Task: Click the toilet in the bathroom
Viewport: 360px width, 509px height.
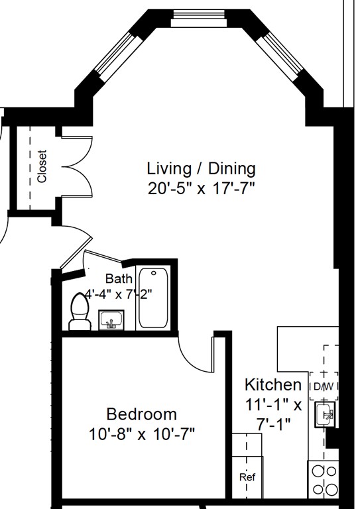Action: pyautogui.click(x=80, y=311)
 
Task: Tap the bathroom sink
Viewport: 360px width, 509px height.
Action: pyautogui.click(x=111, y=320)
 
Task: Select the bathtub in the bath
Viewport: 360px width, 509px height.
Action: pyautogui.click(x=154, y=298)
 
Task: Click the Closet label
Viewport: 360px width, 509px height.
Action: pyautogui.click(x=42, y=166)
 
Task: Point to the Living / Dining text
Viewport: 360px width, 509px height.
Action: pyautogui.click(x=202, y=169)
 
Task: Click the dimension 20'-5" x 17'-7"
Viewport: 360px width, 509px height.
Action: pyautogui.click(x=202, y=188)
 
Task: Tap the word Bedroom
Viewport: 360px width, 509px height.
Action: pyautogui.click(x=142, y=414)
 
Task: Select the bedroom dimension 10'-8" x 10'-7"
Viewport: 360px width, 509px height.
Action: pyautogui.click(x=142, y=434)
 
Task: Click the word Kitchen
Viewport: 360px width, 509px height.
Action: pyautogui.click(x=273, y=384)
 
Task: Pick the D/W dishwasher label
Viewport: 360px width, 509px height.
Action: pyautogui.click(x=324, y=386)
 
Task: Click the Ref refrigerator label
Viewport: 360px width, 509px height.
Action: pyautogui.click(x=247, y=477)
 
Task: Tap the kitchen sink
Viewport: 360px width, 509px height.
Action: pyautogui.click(x=325, y=414)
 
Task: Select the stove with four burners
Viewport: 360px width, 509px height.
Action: pyautogui.click(x=323, y=479)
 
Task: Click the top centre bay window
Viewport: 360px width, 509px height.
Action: pyautogui.click(x=199, y=18)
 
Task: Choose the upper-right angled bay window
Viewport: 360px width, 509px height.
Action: pyautogui.click(x=280, y=57)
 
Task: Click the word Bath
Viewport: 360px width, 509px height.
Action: pyautogui.click(x=119, y=278)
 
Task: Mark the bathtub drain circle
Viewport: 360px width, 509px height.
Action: pyautogui.click(x=154, y=273)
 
